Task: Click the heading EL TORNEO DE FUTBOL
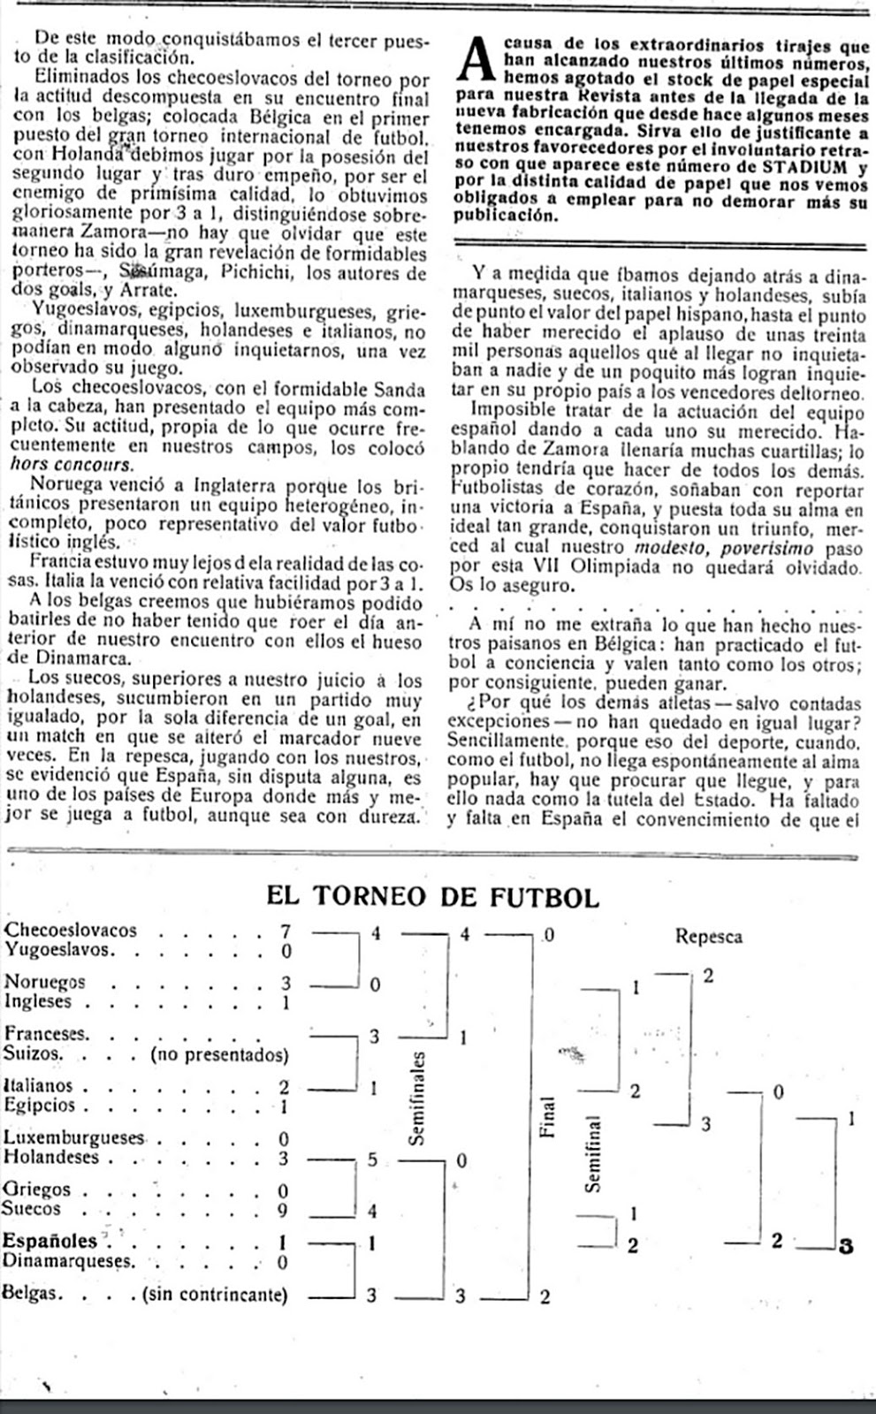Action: coord(433,897)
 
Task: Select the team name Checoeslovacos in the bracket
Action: coord(71,931)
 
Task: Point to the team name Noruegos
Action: coord(45,982)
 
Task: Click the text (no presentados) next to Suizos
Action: coord(219,1054)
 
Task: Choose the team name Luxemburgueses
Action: coord(73,1137)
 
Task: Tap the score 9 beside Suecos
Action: coord(286,1209)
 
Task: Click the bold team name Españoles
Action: coord(50,1241)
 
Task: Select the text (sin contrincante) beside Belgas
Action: coord(215,1295)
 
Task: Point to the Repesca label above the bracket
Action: coord(708,937)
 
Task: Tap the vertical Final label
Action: coord(548,1118)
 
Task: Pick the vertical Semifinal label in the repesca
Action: coord(594,1152)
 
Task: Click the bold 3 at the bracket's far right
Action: coord(846,1248)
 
